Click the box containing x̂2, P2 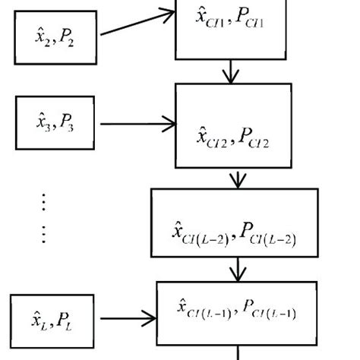(55, 37)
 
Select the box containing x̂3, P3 (55, 123)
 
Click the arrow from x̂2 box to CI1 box (136, 24)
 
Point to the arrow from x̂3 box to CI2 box (136, 123)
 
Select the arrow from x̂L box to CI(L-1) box (127, 320)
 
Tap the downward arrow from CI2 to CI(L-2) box (238, 178)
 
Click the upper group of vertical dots (44, 201)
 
